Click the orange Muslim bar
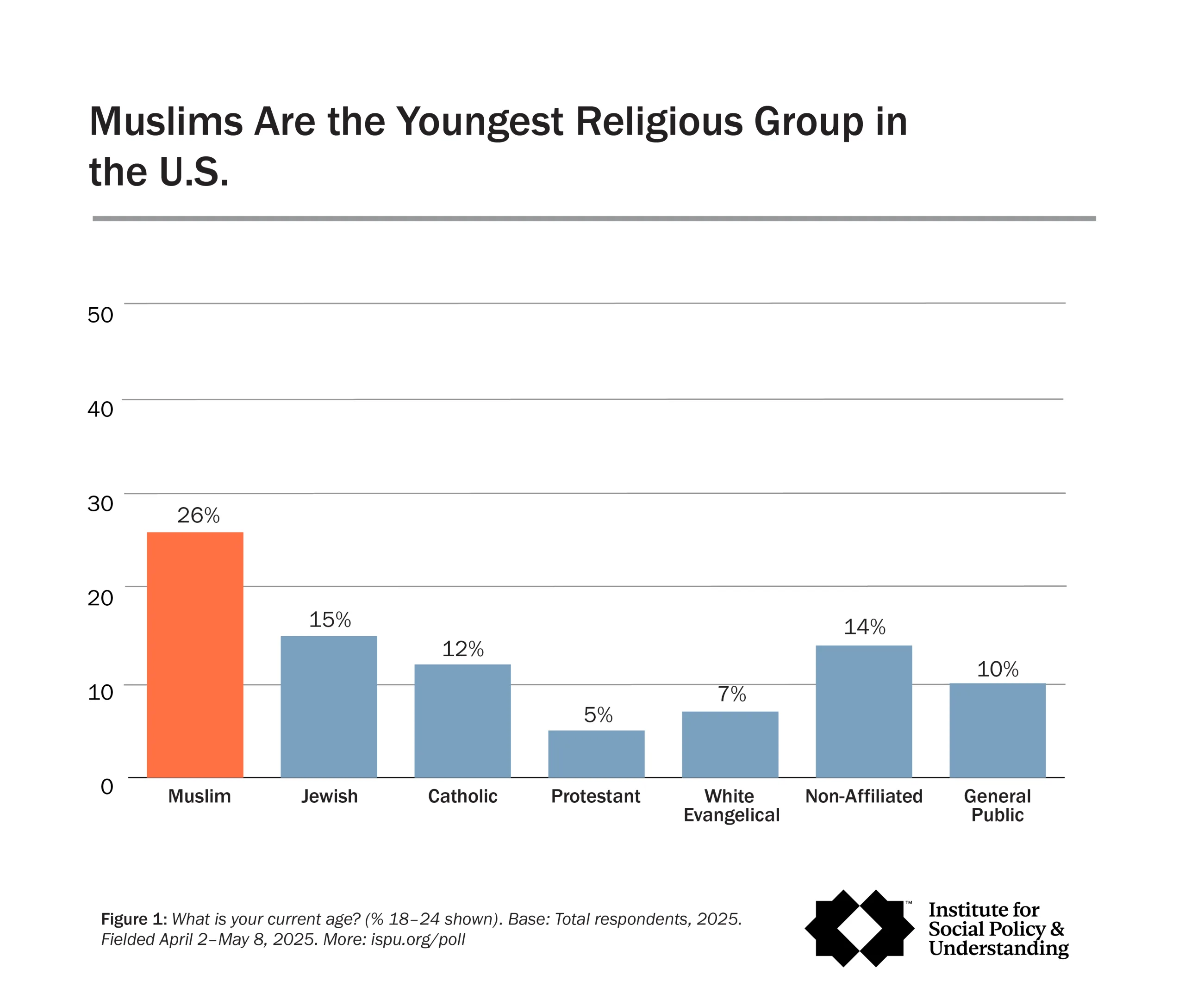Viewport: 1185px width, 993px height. [x=195, y=654]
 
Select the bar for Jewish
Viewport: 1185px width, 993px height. [x=329, y=707]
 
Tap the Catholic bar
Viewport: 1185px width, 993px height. [x=463, y=720]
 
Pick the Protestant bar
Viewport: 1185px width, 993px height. [x=597, y=754]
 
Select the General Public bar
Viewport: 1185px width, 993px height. [x=998, y=730]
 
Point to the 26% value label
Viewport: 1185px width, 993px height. [x=198, y=515]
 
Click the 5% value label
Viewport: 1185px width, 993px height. [x=598, y=715]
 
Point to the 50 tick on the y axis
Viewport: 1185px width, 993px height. [x=100, y=315]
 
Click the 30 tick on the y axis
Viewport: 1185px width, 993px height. [x=100, y=503]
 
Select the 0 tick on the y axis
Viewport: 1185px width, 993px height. [x=106, y=786]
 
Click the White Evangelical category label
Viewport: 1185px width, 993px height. [x=731, y=805]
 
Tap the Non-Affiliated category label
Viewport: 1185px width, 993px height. [x=864, y=796]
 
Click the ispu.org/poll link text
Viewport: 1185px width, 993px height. [x=418, y=939]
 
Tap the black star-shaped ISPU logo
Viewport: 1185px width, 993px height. [x=860, y=929]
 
